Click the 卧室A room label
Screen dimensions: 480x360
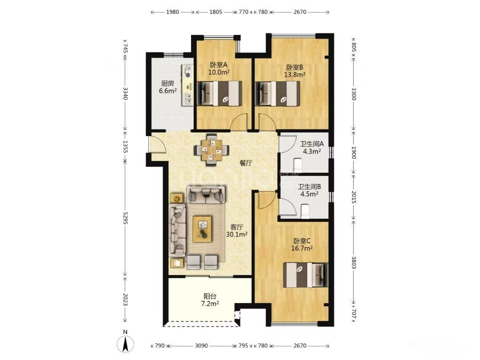click(219, 65)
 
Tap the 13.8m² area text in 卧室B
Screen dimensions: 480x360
click(295, 74)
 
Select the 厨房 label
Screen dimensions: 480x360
click(168, 83)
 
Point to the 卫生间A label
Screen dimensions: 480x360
click(312, 144)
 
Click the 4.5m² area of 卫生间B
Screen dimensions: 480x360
click(309, 194)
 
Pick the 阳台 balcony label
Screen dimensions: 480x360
click(210, 296)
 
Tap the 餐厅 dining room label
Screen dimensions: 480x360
click(246, 163)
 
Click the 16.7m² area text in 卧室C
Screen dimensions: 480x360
click(302, 248)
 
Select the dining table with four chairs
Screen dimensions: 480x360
click(211, 150)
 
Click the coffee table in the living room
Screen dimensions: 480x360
click(202, 229)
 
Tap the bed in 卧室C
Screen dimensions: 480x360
click(306, 275)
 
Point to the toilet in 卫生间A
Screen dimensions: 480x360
click(297, 165)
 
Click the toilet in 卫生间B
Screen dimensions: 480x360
click(305, 212)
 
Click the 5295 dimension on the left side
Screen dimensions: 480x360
click(125, 218)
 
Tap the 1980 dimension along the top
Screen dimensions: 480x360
click(172, 12)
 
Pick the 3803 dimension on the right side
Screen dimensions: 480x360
click(353, 262)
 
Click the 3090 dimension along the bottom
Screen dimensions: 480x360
click(201, 346)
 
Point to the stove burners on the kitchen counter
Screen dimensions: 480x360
click(187, 71)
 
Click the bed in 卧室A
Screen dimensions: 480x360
click(219, 93)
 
